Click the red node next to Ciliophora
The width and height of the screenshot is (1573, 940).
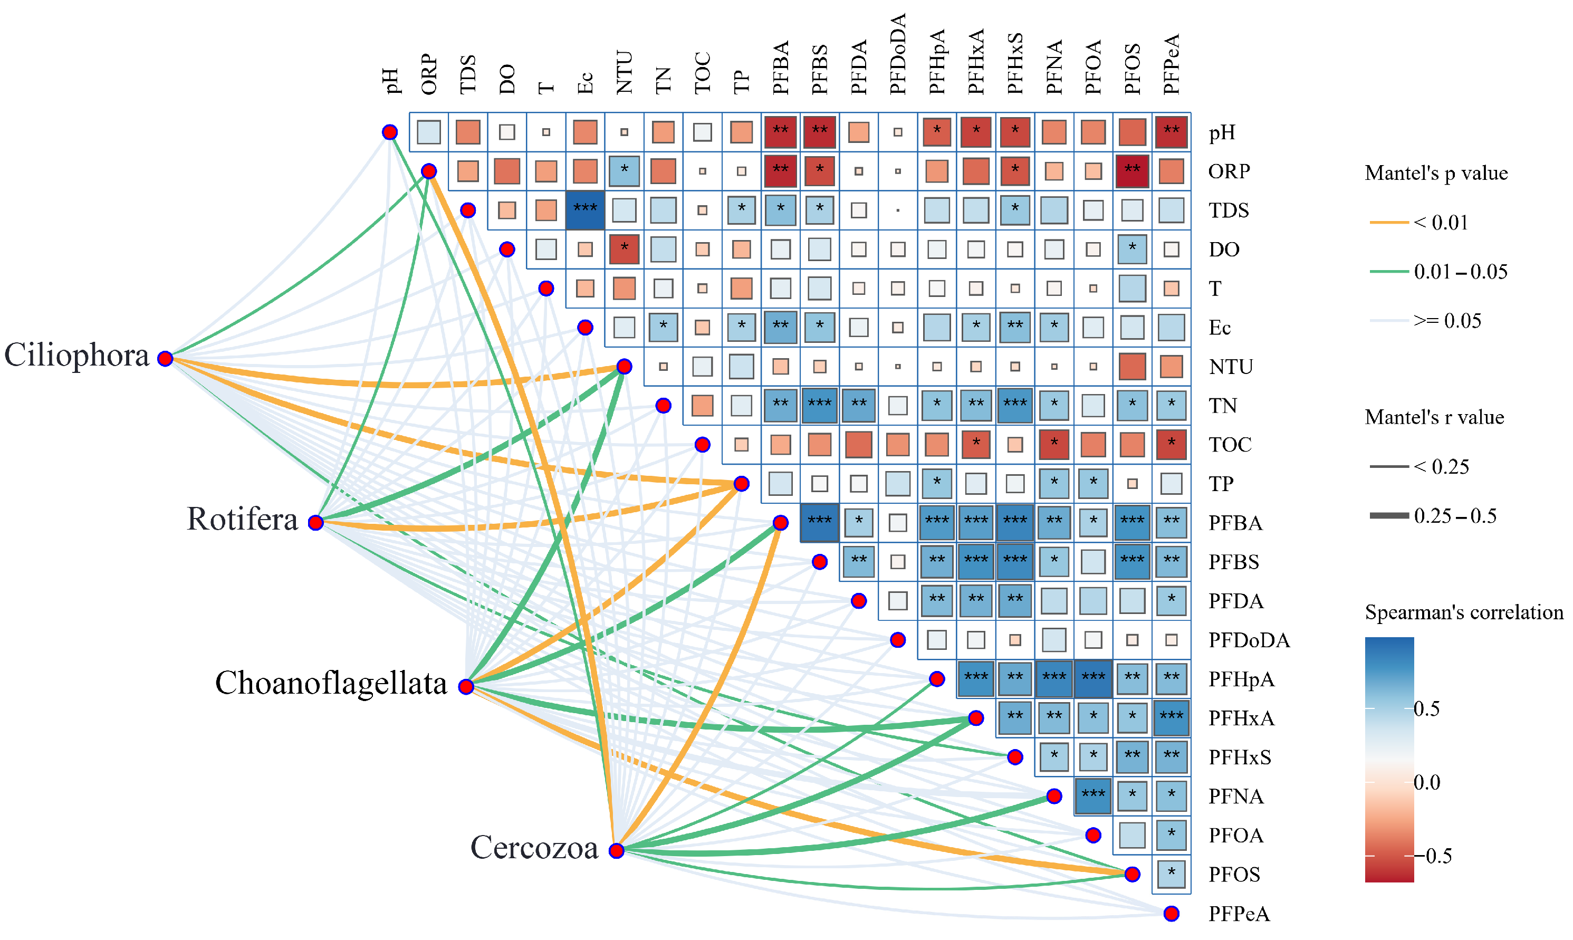point(165,359)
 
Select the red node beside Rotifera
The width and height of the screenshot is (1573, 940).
point(315,523)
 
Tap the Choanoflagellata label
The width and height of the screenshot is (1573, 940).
point(331,684)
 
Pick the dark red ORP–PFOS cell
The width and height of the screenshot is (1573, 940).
point(1131,171)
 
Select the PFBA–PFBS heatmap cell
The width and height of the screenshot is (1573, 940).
point(819,523)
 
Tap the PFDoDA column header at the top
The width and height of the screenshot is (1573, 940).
point(898,54)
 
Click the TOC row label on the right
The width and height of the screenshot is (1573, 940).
point(1230,445)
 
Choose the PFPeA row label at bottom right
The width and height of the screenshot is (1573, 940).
point(1239,914)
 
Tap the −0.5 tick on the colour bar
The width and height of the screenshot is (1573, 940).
point(1438,856)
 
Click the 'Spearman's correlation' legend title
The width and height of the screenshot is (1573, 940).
point(1463,612)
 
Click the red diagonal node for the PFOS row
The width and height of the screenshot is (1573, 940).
point(1131,874)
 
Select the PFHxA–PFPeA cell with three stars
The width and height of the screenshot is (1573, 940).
point(1171,718)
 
